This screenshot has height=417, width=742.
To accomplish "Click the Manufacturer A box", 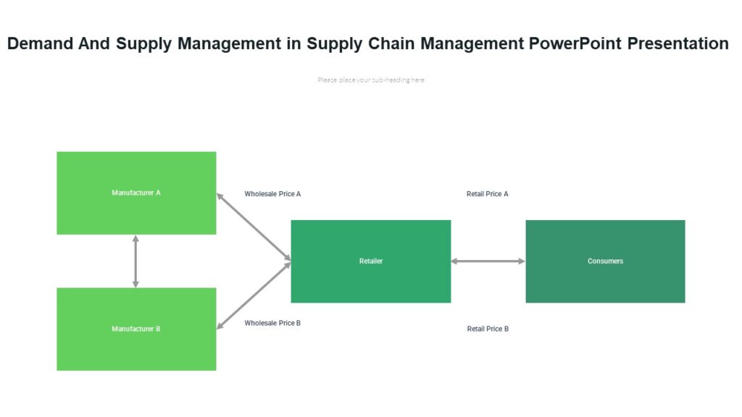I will point(136,193).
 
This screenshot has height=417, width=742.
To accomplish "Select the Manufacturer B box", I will point(136,329).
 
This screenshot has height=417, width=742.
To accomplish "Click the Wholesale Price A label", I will point(272,194).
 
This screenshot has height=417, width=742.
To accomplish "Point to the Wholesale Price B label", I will point(272,323).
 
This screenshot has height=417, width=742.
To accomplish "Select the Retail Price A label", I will point(488,194).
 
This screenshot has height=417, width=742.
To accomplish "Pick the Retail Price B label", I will point(488,329).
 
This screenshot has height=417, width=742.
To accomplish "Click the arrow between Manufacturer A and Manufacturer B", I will point(136,261).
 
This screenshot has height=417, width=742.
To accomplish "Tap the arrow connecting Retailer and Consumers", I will point(488,261).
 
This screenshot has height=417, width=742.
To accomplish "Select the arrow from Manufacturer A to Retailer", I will point(254,226).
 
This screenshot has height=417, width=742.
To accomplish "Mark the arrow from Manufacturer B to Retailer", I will point(254,296).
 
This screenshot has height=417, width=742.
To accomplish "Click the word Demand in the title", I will point(40,43).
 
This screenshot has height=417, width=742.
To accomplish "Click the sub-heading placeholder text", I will point(371,80).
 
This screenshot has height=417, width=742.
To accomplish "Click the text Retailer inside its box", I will point(371,261).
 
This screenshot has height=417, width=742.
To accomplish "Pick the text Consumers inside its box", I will point(605,261).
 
